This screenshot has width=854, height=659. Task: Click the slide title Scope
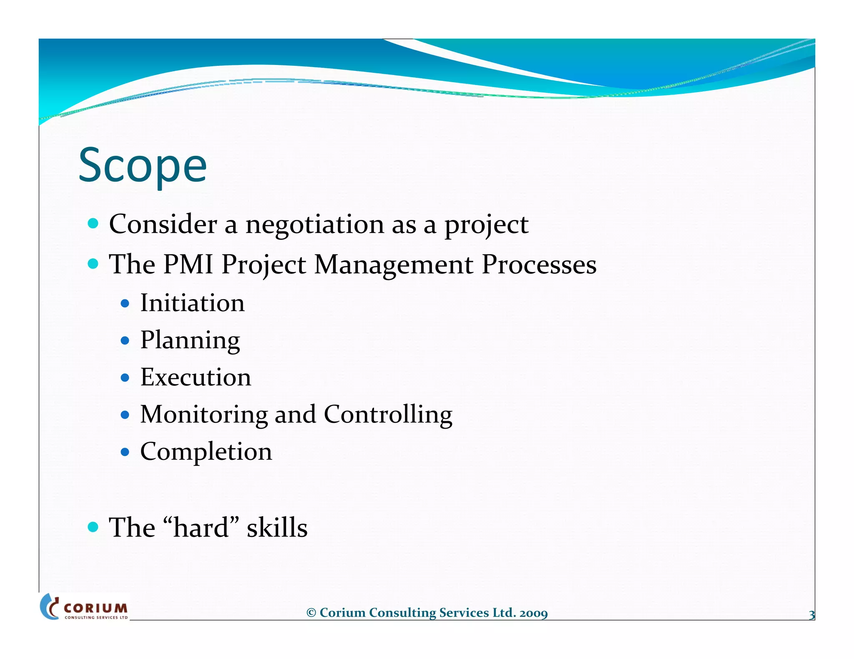[142, 166]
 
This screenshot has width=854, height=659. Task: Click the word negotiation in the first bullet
[314, 225]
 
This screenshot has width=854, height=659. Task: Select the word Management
[394, 265]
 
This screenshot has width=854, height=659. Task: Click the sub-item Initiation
[192, 303]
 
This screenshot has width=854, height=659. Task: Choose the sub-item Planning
[190, 341]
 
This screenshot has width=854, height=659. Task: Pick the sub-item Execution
[196, 377]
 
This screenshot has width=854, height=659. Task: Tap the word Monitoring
[204, 415]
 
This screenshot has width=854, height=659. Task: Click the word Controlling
[388, 415]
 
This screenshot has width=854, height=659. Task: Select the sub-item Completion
[206, 452]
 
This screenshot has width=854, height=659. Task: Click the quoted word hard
[201, 528]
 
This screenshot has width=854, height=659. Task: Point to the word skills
[277, 528]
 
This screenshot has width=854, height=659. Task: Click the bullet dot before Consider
[93, 224]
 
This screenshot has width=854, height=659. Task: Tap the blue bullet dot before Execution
[125, 378]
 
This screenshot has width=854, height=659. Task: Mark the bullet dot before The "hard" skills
[93, 527]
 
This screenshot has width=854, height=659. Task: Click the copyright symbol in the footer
[311, 613]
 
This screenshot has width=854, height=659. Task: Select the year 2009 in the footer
[533, 613]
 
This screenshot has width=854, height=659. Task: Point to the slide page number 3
[811, 615]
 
